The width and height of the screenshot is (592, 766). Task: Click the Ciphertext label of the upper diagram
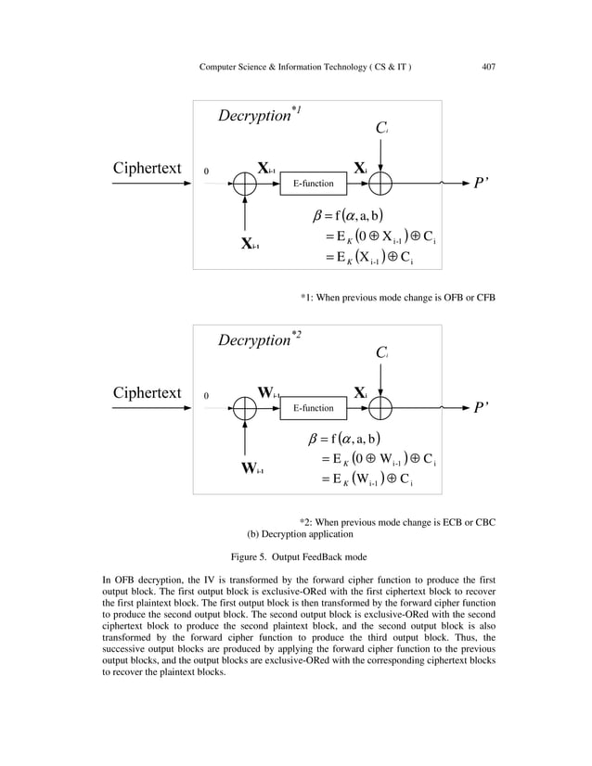coord(147,169)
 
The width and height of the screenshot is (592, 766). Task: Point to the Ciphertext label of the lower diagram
coord(147,392)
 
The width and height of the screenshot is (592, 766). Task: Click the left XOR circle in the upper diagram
coord(245,184)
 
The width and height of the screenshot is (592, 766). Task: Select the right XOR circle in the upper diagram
coord(380,184)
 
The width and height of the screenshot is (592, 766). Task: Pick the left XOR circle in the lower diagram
coord(245,407)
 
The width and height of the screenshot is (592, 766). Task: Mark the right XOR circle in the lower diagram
coord(380,407)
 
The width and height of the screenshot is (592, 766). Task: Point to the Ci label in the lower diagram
coord(380,353)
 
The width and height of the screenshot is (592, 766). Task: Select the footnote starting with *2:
coord(397,522)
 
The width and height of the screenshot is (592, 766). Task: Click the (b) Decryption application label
coord(300,535)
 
